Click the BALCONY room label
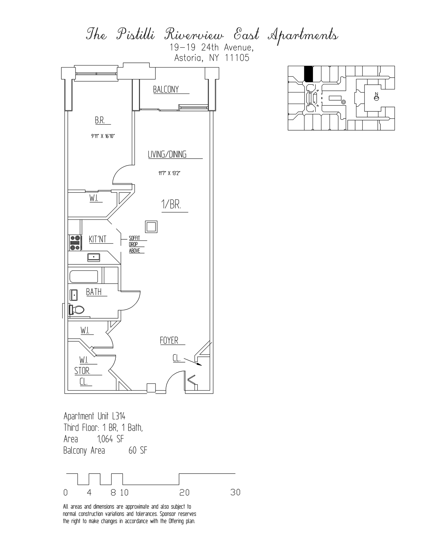point(166,89)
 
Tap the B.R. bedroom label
point(99,121)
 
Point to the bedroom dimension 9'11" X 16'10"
point(103,136)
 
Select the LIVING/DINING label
point(167,155)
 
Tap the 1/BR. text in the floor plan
point(171,205)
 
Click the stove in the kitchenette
point(75,243)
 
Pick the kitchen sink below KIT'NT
point(93,257)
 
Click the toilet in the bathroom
point(77,309)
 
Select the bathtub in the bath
point(84,277)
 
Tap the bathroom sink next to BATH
point(74,295)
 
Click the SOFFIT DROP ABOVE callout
point(135,244)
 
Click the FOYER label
point(169,341)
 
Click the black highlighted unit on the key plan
point(309,74)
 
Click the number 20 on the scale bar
point(184,493)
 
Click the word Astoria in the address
point(188,58)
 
